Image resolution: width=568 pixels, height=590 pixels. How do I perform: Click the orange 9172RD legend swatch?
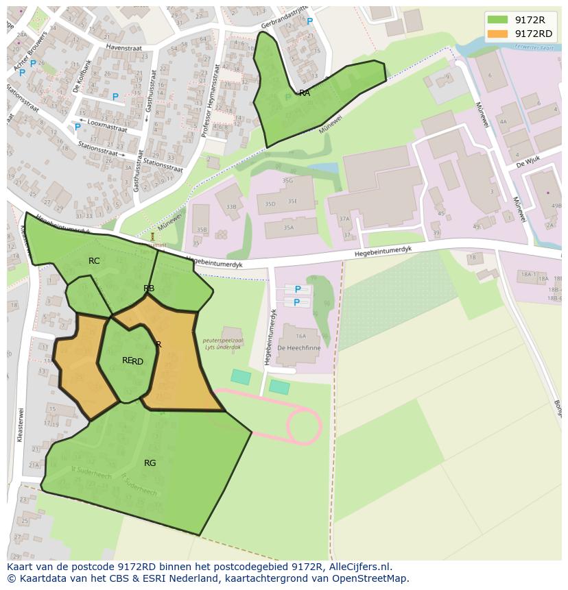coord(498,34)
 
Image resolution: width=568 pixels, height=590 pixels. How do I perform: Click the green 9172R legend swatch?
coord(498,20)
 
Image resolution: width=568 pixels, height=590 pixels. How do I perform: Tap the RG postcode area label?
coord(150,463)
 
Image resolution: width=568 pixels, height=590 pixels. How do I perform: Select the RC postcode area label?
coord(94,261)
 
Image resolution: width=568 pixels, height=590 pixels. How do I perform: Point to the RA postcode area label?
coord(305,93)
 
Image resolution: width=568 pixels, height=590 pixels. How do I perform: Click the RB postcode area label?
coord(149,288)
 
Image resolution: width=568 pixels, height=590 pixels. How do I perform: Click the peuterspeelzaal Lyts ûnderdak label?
coord(222,343)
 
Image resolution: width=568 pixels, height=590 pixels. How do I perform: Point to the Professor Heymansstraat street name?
coord(211,101)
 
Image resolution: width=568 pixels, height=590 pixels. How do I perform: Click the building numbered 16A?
coord(300,336)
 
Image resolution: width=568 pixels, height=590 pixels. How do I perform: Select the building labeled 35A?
coord(288,228)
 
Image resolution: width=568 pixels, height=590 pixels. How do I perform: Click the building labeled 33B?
coord(230,206)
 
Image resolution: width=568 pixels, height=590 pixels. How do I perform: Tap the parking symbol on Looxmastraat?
coord(78,127)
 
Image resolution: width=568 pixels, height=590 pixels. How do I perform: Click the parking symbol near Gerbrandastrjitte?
coord(309,22)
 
